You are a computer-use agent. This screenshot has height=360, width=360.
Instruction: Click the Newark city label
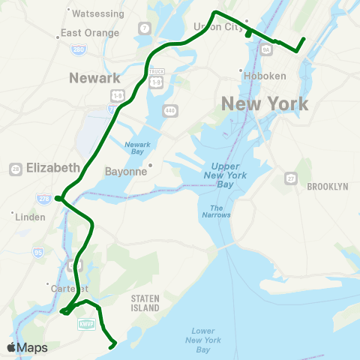coord(94,78)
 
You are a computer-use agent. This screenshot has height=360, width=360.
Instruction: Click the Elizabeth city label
coord(52,167)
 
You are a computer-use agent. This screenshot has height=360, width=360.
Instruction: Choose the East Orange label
coord(90,33)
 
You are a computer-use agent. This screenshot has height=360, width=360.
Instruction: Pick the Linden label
coord(31,217)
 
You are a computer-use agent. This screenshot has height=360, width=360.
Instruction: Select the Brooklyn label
coord(328,186)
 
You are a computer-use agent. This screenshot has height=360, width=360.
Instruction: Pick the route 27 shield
coord(290,178)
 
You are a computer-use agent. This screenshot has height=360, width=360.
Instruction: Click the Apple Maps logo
coord(27,347)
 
